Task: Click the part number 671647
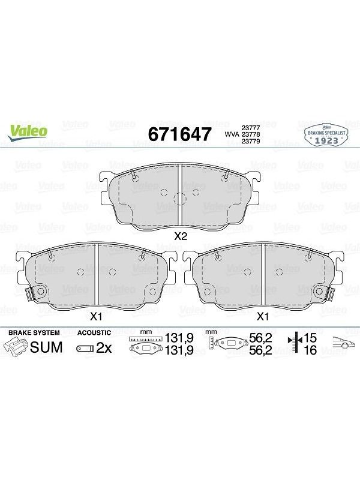(x=179, y=134)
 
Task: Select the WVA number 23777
(x=251, y=128)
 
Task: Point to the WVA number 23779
(x=251, y=141)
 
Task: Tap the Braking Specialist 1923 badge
(x=326, y=135)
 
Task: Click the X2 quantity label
(x=180, y=236)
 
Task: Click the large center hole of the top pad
(x=179, y=199)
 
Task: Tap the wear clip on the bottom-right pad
(x=329, y=295)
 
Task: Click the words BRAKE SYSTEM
(x=34, y=332)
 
